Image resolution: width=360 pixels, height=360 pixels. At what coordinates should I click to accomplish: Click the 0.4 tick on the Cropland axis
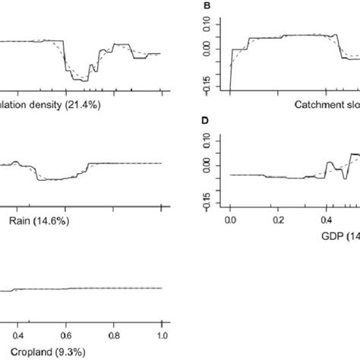tap(15, 334)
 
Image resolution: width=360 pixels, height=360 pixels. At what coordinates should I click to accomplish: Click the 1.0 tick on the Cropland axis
tap(162, 334)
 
